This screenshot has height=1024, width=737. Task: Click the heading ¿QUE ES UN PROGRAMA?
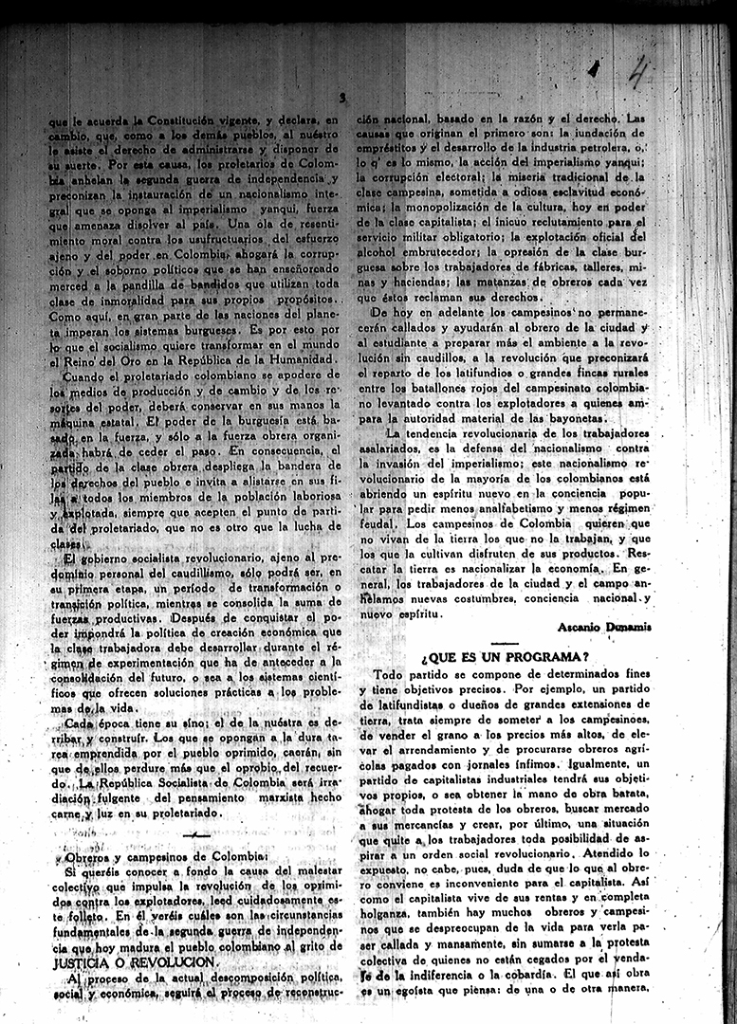(x=504, y=657)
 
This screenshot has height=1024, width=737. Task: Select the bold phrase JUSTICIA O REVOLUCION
(x=119, y=960)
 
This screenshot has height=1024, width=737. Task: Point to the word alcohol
(x=378, y=251)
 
